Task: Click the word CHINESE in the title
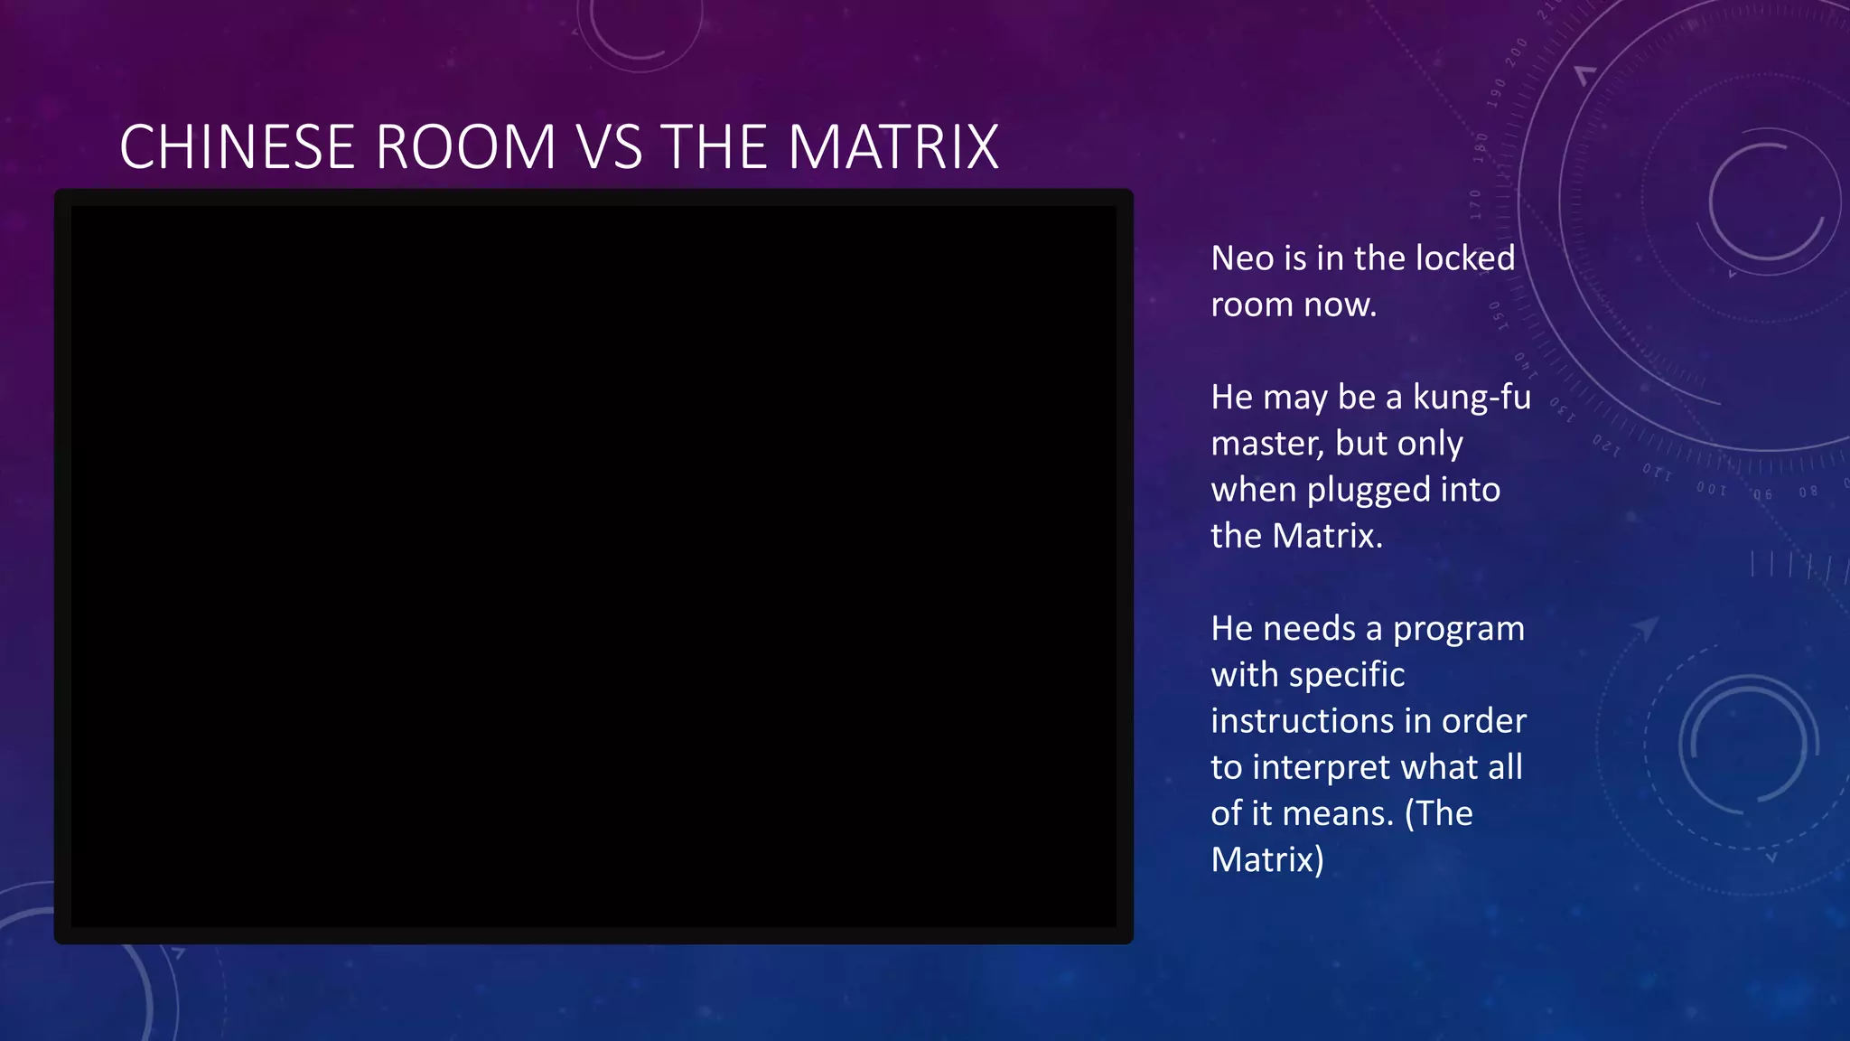click(x=237, y=146)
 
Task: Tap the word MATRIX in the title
click(x=893, y=146)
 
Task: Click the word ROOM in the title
click(x=465, y=146)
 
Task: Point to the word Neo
click(x=1242, y=258)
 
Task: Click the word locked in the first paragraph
click(x=1465, y=258)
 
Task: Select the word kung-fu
click(x=1472, y=398)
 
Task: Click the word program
click(x=1458, y=629)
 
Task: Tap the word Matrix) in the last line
click(x=1267, y=859)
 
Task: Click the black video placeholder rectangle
click(x=593, y=567)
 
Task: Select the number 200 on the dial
click(x=1517, y=52)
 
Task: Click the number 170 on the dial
click(x=1475, y=204)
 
